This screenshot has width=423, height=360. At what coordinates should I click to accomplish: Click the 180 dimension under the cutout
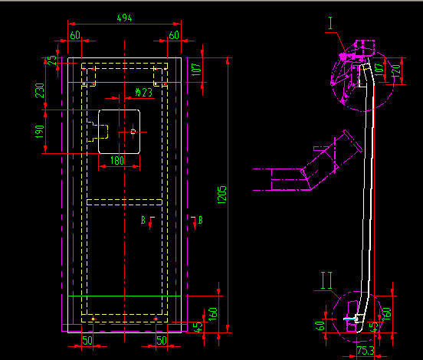(117, 161)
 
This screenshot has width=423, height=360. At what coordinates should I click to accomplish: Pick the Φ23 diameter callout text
(143, 92)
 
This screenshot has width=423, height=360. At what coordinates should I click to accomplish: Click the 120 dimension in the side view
(395, 72)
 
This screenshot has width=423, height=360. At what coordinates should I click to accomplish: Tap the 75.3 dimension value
(365, 352)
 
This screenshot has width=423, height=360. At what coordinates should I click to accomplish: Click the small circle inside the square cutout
(133, 132)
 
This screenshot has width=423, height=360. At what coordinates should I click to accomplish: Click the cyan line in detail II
(351, 318)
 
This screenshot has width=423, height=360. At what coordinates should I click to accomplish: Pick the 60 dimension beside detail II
(320, 325)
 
